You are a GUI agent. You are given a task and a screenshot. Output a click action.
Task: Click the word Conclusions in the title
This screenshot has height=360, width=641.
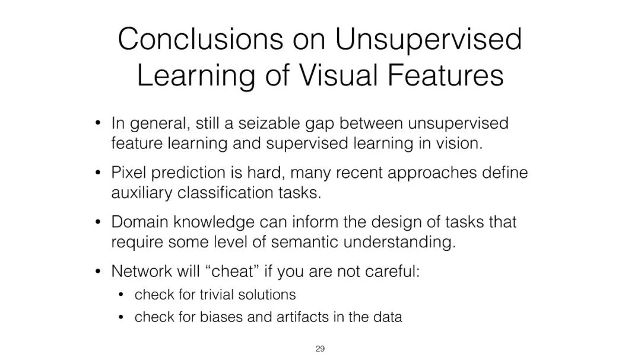click(x=201, y=39)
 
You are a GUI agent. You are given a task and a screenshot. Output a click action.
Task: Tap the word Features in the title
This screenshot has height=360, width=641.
click(x=445, y=75)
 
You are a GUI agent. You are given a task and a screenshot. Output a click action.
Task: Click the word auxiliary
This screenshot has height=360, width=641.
click(x=141, y=193)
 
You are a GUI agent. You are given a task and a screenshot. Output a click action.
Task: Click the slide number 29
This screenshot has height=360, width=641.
click(x=320, y=349)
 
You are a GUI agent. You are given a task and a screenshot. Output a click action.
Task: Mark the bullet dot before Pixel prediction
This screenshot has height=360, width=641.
click(x=97, y=173)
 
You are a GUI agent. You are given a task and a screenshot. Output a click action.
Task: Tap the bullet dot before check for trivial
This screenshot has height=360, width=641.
click(x=120, y=295)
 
